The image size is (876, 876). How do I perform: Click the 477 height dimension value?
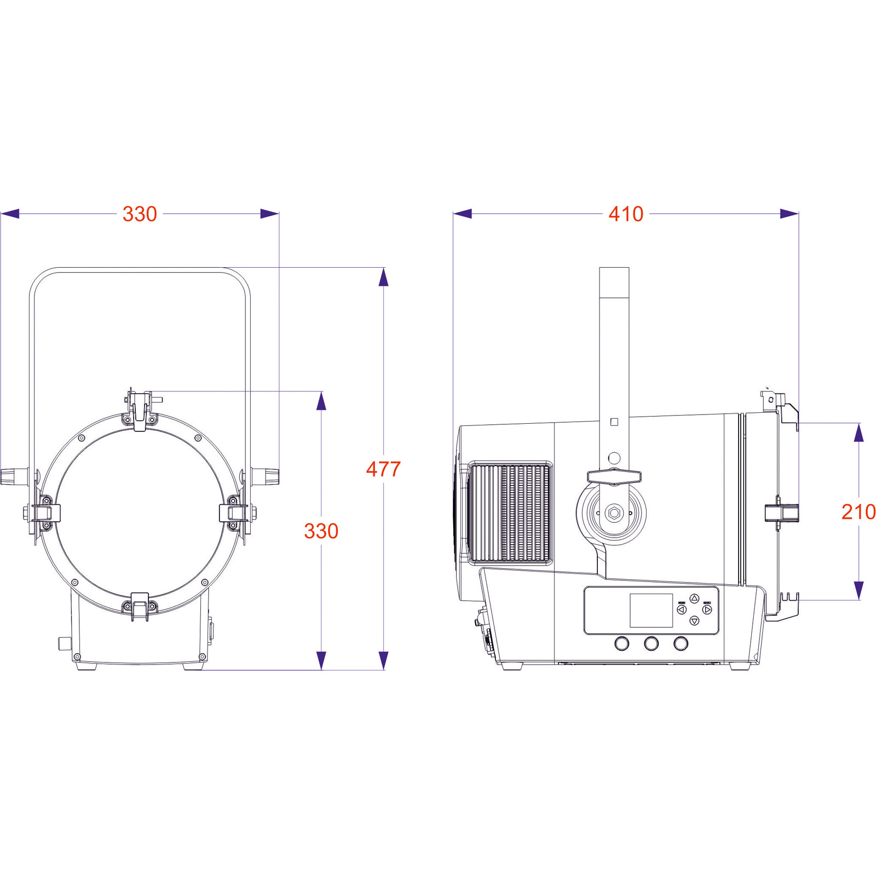coord(383,469)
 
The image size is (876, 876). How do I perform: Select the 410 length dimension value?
coord(626,214)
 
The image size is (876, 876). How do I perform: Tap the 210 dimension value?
coord(858,512)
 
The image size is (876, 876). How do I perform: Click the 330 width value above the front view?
coord(140,214)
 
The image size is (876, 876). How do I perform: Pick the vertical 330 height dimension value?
coord(321,531)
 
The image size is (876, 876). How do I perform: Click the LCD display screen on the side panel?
coord(651,610)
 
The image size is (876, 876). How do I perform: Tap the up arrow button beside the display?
coord(694,599)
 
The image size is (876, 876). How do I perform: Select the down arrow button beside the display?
coord(694,621)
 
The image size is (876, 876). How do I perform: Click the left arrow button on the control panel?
coord(682,609)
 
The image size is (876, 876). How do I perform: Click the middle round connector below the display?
coord(651,643)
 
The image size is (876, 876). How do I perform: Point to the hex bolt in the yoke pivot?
coord(614,514)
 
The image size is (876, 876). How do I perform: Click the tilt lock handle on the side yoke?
coord(614,476)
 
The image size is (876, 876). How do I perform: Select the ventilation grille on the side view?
coord(510,512)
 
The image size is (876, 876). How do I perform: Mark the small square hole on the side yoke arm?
coord(614,422)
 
